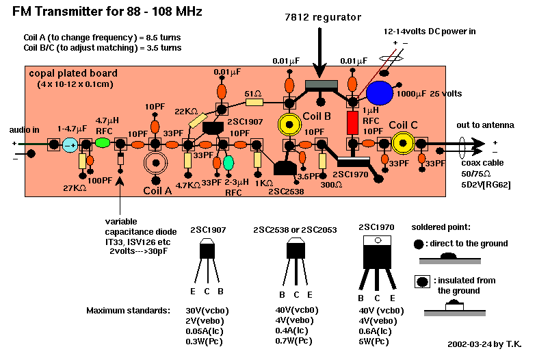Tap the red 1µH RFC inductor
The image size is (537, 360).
coord(352,123)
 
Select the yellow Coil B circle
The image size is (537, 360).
coord(290,125)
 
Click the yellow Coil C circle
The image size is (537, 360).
coord(402,143)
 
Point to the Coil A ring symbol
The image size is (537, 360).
coord(156,164)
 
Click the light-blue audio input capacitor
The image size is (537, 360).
coord(70,144)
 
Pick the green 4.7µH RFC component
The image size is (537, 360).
coord(102,143)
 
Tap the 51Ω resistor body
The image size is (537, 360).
coord(254,103)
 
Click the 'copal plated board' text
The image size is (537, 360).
coord(73,73)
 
